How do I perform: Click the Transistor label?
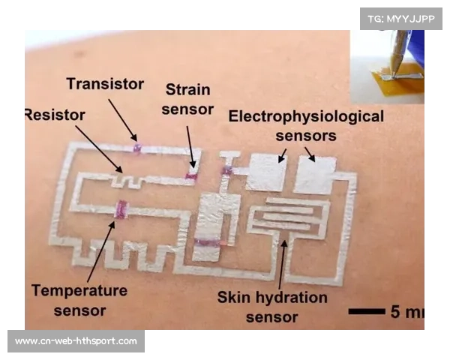[x=105, y=84]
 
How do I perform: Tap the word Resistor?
[x=55, y=115]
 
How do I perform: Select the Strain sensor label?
[x=187, y=99]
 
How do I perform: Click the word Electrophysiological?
[x=306, y=116]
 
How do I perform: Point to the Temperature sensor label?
[x=79, y=300]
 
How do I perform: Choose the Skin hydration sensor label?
[x=272, y=307]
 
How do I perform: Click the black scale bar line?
[x=367, y=311]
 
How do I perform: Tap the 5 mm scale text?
[x=407, y=311]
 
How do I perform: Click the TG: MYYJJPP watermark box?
[x=401, y=19]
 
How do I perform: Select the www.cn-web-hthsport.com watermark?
[x=76, y=341]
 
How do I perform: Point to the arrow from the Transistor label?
[x=122, y=120]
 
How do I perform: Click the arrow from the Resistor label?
[x=99, y=149]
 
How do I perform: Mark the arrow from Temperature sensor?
[x=101, y=251]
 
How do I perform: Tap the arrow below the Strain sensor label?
[x=191, y=147]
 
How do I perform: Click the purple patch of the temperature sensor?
[x=121, y=209]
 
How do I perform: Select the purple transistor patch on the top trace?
[x=137, y=148]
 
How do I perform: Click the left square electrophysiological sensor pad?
[x=266, y=172]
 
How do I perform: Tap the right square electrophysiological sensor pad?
[x=316, y=175]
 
